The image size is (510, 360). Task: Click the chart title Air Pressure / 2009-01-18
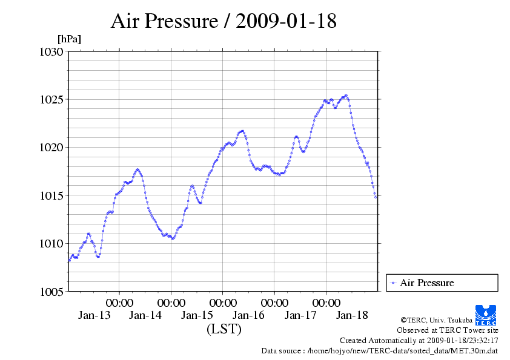[x=224, y=22]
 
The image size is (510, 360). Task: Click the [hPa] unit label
[x=69, y=39]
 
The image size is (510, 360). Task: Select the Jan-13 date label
[x=94, y=315]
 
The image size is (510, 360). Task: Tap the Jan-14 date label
[x=145, y=315]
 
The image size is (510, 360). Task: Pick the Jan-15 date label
[x=197, y=315]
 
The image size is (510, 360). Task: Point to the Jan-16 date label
[x=248, y=315]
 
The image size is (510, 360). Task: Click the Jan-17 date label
[x=300, y=315]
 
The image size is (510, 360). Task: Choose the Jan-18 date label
[x=352, y=315]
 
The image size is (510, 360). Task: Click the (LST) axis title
[x=224, y=329]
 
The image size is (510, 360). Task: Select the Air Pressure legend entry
[x=426, y=283]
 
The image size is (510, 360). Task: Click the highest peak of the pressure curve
[x=346, y=96]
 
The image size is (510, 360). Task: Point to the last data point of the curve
[x=376, y=197]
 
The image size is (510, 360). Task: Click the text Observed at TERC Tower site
[x=448, y=330]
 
